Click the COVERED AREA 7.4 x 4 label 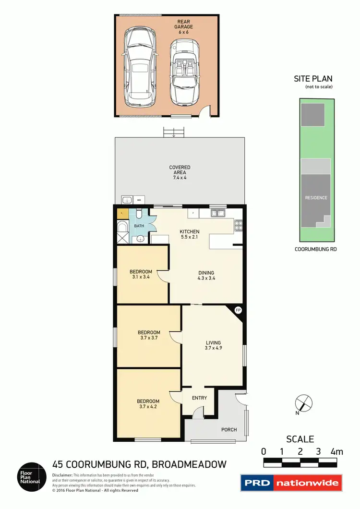coord(180,172)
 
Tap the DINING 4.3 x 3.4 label coord(206,276)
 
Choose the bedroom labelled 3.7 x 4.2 coord(148,404)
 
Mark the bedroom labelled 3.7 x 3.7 coord(148,335)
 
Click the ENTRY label coord(199,398)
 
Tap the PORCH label coord(228,429)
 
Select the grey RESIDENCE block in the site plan coord(316,197)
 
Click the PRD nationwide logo coord(291,483)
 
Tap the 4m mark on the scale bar coord(336,451)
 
